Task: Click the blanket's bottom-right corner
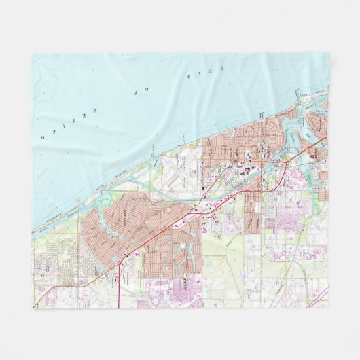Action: (x=329, y=308)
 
